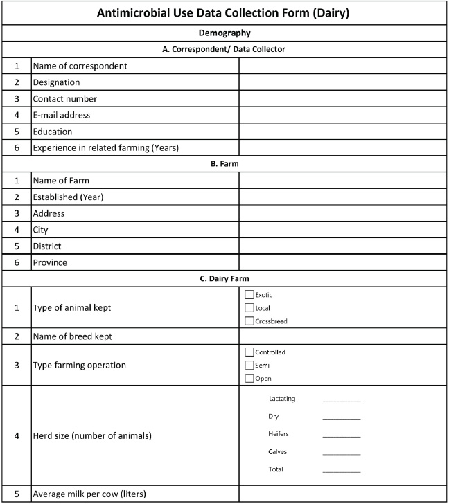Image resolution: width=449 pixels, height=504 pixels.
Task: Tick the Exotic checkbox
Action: point(249,295)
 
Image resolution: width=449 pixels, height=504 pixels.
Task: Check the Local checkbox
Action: point(249,308)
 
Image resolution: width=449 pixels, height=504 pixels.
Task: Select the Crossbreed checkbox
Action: point(249,321)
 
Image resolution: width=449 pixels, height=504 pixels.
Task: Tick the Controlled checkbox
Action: point(249,352)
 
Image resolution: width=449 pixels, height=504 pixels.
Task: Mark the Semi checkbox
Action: point(249,365)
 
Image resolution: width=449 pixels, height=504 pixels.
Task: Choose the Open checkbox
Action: point(249,378)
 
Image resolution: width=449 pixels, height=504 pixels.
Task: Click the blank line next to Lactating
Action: point(342,399)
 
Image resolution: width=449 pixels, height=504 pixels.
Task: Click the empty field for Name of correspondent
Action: point(342,66)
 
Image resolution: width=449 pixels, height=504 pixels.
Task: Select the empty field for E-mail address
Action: point(342,115)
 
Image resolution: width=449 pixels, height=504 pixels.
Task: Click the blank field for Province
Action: point(342,262)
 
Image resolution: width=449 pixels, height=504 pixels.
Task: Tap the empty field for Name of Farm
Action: point(342,181)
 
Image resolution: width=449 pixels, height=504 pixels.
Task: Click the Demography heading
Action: point(224,33)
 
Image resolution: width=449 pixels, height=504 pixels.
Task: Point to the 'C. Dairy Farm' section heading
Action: point(224,279)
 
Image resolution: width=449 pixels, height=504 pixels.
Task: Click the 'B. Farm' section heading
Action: point(224,164)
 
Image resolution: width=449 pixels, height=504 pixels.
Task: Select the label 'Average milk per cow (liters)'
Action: point(89,494)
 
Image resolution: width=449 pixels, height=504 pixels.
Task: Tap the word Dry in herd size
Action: point(273,417)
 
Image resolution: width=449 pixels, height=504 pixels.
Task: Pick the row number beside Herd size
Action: point(17,436)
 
